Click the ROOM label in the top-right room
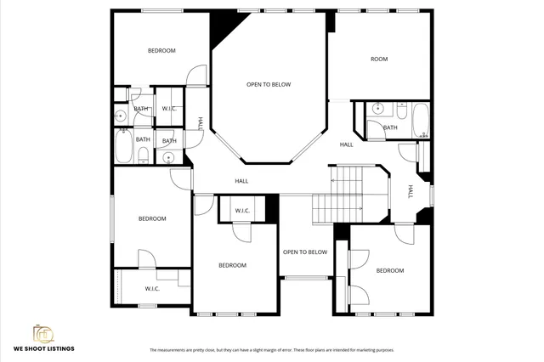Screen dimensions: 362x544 click(378, 59)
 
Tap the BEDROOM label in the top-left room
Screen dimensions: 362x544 click(161, 51)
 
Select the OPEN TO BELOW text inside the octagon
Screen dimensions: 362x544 click(269, 84)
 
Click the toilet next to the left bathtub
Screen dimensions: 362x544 click(143, 154)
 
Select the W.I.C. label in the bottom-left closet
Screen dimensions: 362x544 click(152, 289)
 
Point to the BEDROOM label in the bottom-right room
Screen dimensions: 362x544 click(390, 270)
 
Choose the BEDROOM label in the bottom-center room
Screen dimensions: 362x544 click(232, 265)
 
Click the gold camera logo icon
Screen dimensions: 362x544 click(43, 332)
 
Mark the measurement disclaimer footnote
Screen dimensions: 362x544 click(272, 350)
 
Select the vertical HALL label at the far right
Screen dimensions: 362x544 click(410, 192)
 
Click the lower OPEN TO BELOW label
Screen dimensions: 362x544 click(305, 252)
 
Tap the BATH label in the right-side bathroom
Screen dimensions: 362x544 click(390, 127)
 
